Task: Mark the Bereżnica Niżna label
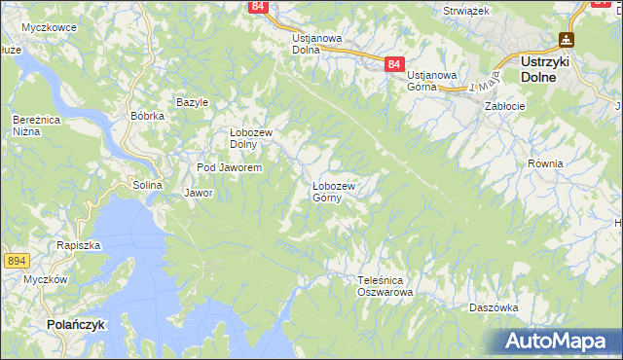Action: [x=32, y=125]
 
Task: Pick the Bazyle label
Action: [x=193, y=102]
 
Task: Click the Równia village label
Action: [x=545, y=163]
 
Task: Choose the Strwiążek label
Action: [x=465, y=10]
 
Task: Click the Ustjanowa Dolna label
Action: [x=317, y=44]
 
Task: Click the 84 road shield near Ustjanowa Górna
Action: [x=392, y=63]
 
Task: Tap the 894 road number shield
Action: [x=16, y=261]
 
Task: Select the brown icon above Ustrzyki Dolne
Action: [x=566, y=40]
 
